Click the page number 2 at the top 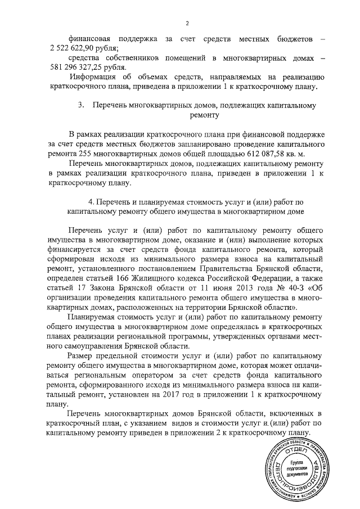[x=186, y=23]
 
